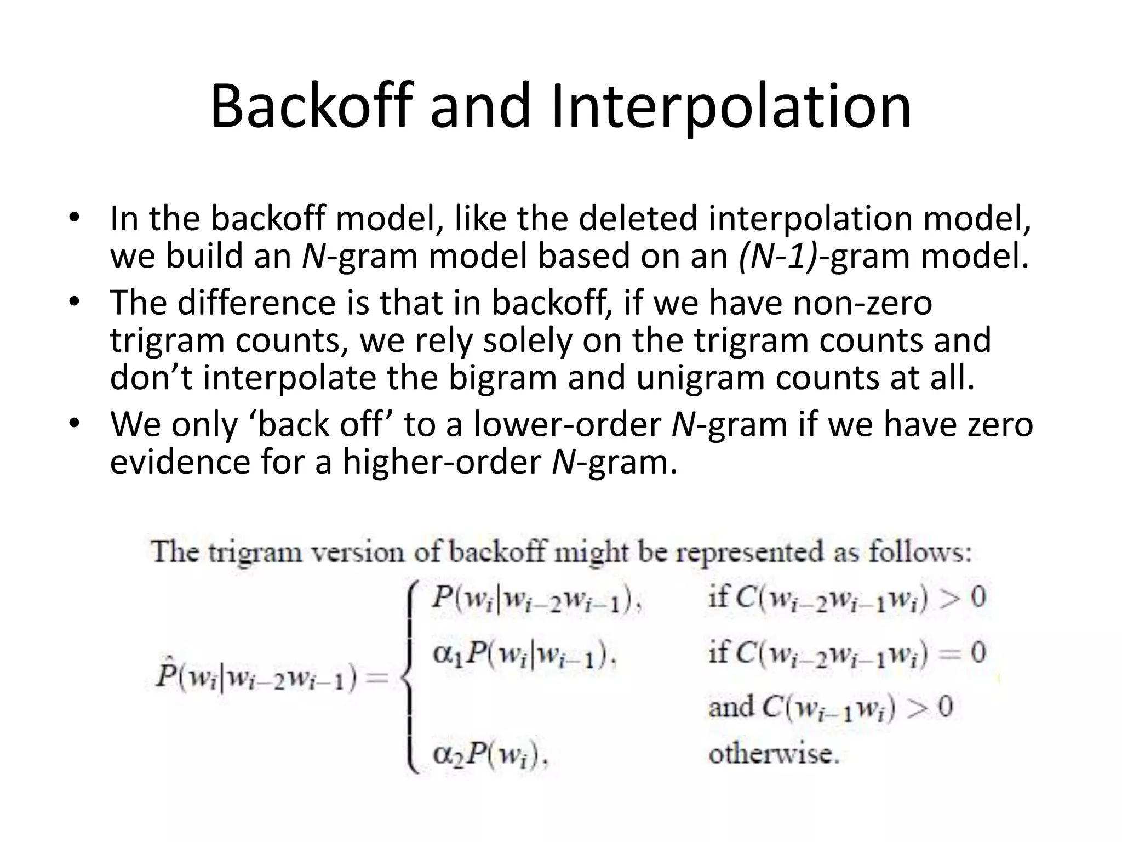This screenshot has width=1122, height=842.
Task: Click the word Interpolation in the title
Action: [731, 107]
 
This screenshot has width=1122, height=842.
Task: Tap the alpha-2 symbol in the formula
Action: [445, 755]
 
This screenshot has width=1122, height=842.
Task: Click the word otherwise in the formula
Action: [773, 755]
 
